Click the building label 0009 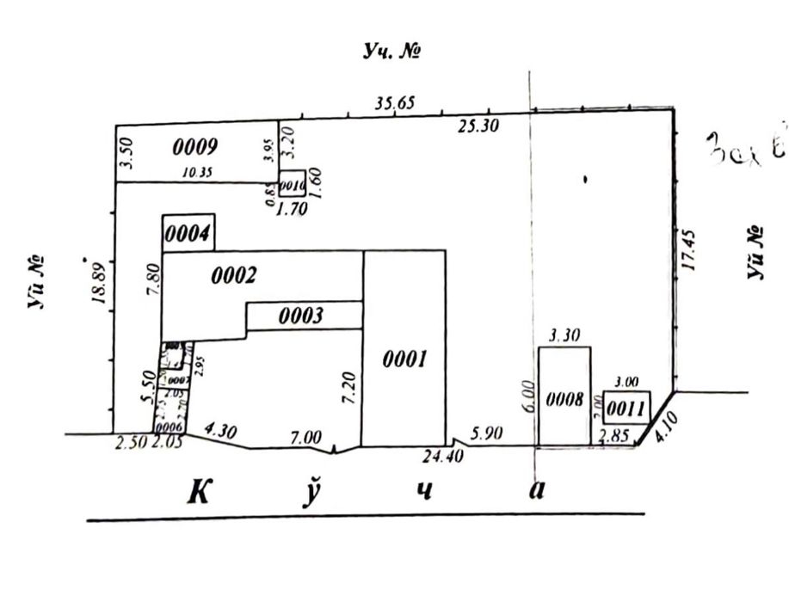tap(194, 147)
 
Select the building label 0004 tap(188, 234)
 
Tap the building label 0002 tap(233, 276)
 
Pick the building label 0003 tap(301, 316)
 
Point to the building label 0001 tap(404, 359)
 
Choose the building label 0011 tap(626, 406)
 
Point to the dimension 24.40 tap(444, 457)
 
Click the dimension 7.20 tap(348, 390)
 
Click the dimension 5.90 tap(486, 435)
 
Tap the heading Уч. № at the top tap(391, 52)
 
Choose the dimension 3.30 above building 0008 tap(564, 338)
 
